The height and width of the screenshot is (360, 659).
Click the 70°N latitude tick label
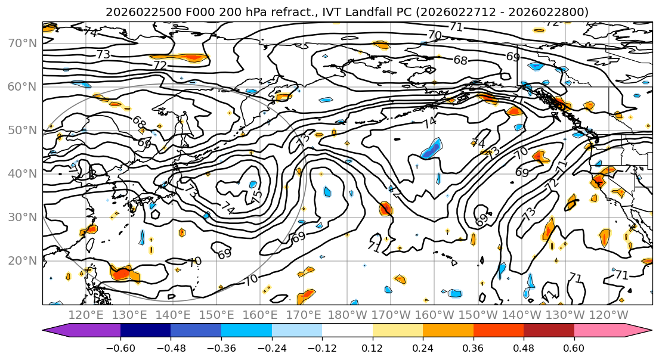point(23,43)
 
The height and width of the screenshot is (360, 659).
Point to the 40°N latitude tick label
point(23,173)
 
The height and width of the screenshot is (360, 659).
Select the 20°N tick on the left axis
point(23,260)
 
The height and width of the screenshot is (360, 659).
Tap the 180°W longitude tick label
point(348,315)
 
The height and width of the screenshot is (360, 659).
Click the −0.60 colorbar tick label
point(120,347)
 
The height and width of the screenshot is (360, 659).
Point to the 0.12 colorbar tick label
point(373,347)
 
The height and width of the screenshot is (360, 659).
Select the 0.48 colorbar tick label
point(524,347)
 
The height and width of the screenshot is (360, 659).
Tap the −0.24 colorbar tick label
point(271,347)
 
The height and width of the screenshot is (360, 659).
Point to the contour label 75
point(257,195)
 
